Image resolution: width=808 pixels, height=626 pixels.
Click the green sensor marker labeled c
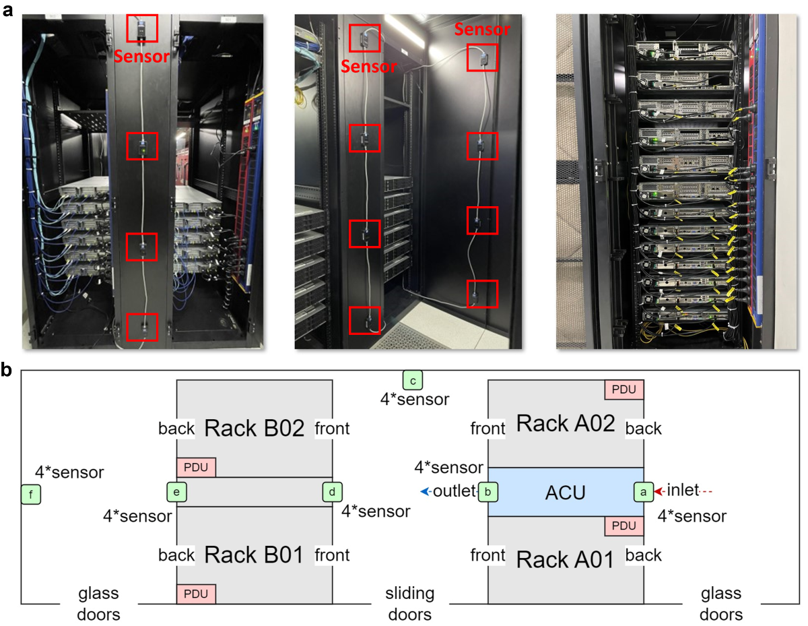coord(412,380)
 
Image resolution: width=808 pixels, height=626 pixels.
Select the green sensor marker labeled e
coord(176,492)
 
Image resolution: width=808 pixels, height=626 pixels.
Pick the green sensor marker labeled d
coord(332,492)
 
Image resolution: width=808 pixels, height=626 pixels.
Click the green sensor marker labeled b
coord(487,492)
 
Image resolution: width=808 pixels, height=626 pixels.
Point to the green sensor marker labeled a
coord(644,492)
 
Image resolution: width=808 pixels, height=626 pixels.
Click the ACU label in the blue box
coord(565,492)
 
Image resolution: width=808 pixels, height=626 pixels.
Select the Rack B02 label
coord(255,427)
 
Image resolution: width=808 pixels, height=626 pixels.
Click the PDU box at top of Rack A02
coord(624,389)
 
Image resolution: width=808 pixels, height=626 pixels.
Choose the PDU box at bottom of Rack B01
coord(196,594)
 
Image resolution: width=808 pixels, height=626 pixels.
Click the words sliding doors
coord(410,604)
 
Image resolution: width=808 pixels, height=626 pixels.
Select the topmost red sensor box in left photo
coord(142,28)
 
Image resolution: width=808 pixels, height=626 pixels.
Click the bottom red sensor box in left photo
coord(142,327)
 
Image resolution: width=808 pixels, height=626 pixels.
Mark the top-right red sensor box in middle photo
coord(482,57)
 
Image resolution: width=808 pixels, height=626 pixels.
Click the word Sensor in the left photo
coord(142,57)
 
